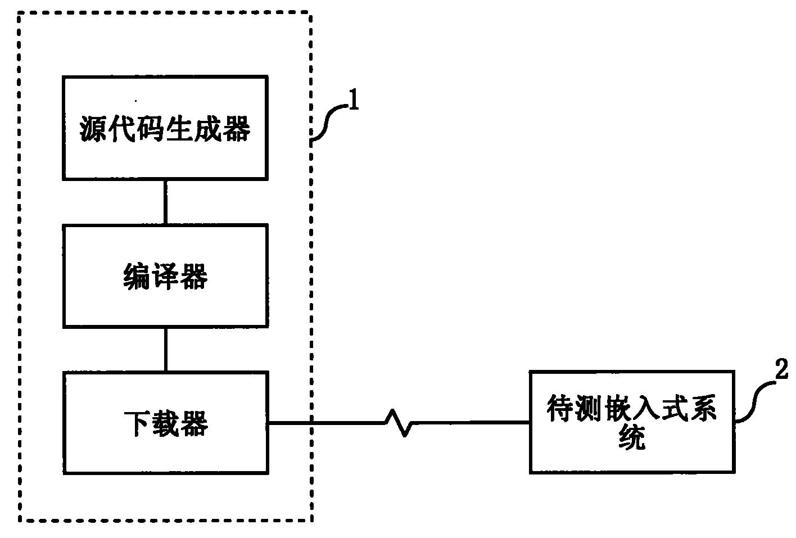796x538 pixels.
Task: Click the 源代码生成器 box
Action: [x=165, y=128]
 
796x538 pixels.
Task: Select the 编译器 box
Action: [x=165, y=276]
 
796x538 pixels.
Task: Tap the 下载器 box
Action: [x=166, y=423]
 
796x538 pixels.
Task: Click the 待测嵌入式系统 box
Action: [x=632, y=422]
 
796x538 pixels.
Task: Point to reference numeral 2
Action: [x=781, y=369]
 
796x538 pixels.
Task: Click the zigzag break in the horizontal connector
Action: [x=399, y=423]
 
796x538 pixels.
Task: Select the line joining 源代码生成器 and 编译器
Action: [x=165, y=202]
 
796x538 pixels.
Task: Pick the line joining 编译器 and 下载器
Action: [x=165, y=350]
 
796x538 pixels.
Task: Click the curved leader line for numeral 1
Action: [x=327, y=123]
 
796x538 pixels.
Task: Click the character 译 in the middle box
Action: [x=165, y=276]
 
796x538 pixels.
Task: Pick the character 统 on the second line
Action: [x=632, y=438]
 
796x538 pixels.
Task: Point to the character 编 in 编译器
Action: [x=137, y=276]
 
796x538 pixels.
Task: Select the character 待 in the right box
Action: [x=560, y=409]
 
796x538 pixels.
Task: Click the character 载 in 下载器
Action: [x=166, y=423]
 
